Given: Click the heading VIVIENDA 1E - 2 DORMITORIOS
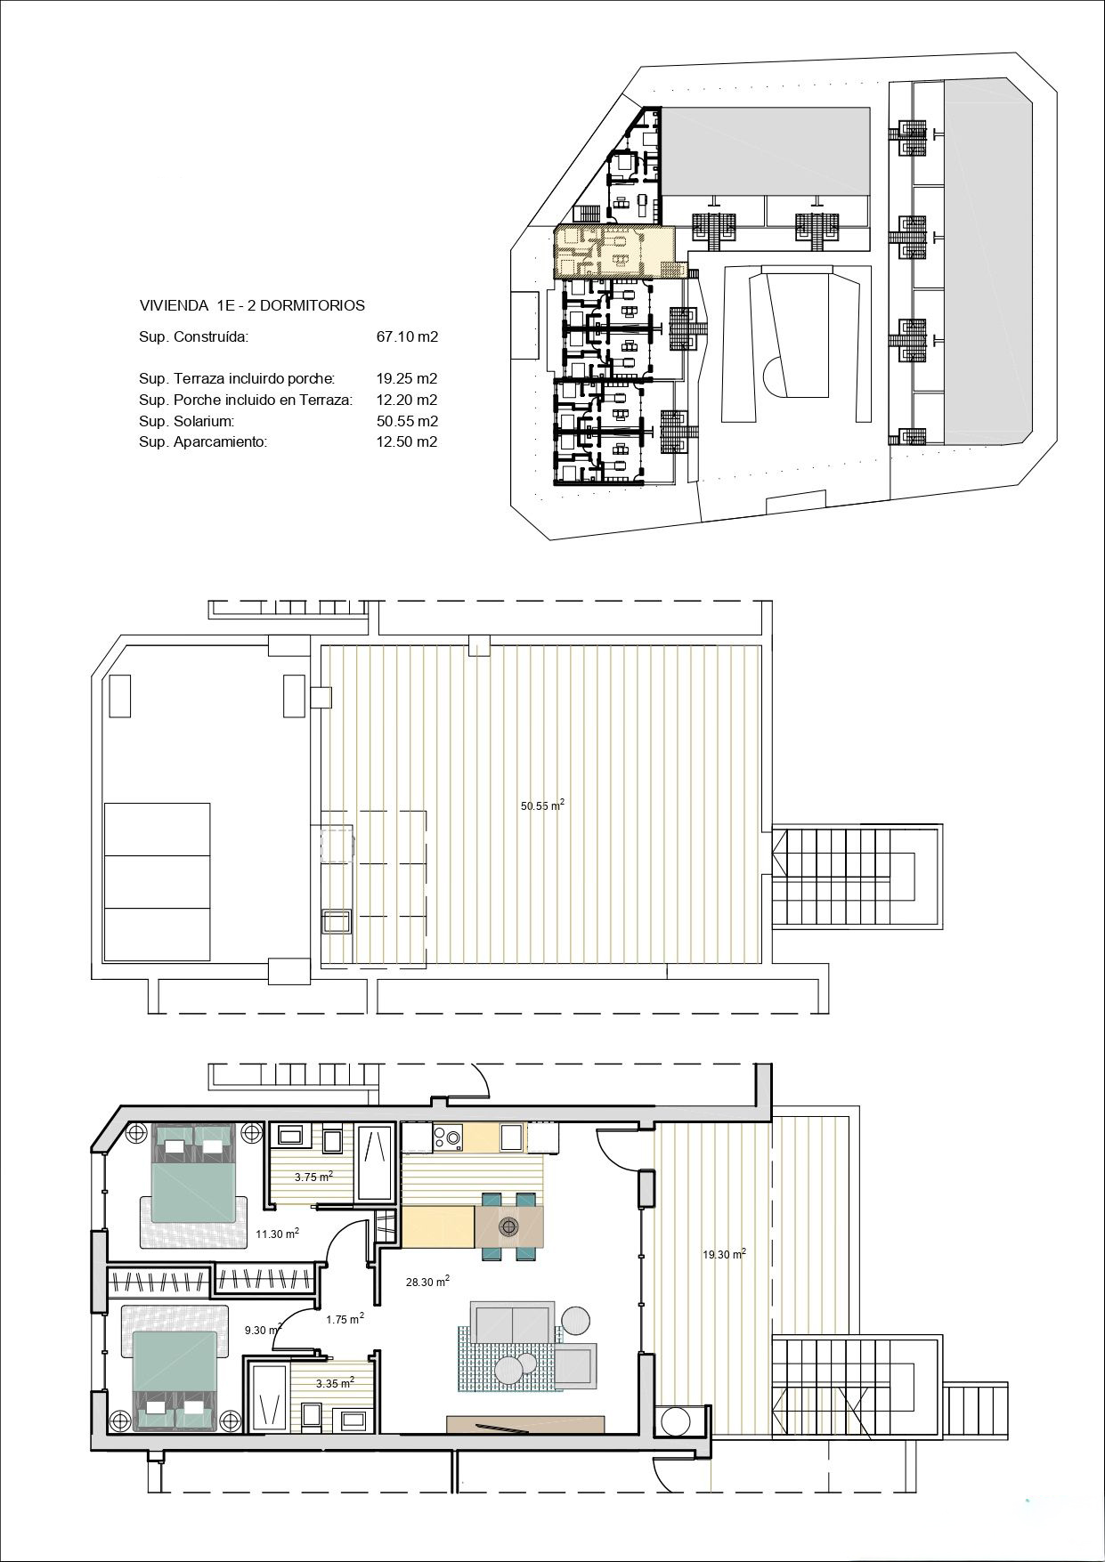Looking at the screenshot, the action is coord(252,305).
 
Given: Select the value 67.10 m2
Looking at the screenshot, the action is coord(407,336).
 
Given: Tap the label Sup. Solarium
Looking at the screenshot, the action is coord(186,421).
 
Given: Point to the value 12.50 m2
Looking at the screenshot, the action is coord(407,441).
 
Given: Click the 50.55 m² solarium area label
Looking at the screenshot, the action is coord(542,805).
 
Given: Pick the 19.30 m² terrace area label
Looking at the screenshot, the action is coord(724,1253).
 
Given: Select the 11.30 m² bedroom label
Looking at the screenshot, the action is coord(277,1233).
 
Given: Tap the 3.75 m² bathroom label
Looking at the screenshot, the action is coord(313,1176).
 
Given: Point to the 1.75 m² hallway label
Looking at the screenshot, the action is coord(345,1319).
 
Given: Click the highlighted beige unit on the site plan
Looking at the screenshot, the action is coord(614,252).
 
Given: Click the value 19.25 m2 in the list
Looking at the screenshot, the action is coord(407,378).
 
